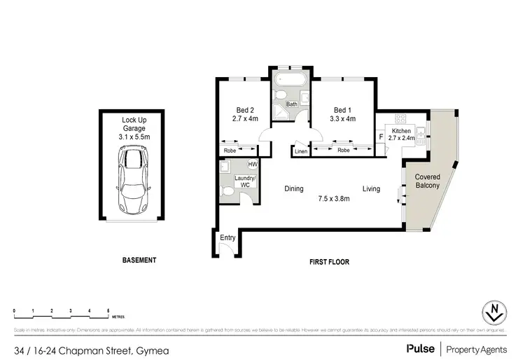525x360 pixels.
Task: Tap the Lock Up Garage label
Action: (133, 129)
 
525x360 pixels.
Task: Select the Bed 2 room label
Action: (244, 114)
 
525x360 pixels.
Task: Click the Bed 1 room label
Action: (343, 114)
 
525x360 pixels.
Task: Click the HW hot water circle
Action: (252, 165)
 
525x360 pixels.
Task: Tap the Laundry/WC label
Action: (245, 181)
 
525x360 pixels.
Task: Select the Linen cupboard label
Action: (301, 151)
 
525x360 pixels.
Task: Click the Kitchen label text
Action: (401, 131)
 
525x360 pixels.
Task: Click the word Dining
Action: (294, 188)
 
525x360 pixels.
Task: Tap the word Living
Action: (371, 188)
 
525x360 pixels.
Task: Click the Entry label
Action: (227, 238)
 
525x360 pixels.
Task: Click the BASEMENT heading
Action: (139, 260)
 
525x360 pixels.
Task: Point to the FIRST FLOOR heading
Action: (329, 262)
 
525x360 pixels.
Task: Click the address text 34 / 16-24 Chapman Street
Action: (70, 349)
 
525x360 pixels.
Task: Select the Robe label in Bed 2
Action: (230, 151)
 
